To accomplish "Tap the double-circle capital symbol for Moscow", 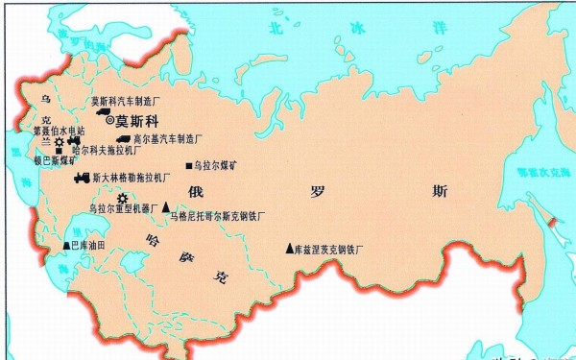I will coord(109,120).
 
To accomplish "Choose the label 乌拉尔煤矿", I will coord(215,165).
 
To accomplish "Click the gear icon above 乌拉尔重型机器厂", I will coord(122,198).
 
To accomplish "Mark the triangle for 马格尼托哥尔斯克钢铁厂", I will coord(165,206).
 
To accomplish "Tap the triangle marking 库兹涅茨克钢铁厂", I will coord(289,248).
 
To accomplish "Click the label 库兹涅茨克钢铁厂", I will coord(335,249).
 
